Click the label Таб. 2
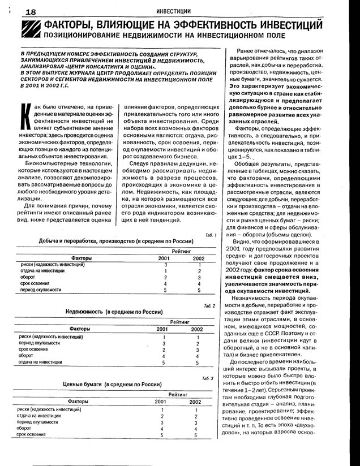pyautogui.click(x=209, y=306)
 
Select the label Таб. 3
pyautogui.click(x=207, y=378)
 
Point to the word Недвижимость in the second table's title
pyautogui.click(x=84, y=312)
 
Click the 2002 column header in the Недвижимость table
pyautogui.click(x=196, y=329)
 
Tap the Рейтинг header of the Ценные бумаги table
pyautogui.click(x=179, y=393)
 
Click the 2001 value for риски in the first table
pyautogui.click(x=165, y=265)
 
